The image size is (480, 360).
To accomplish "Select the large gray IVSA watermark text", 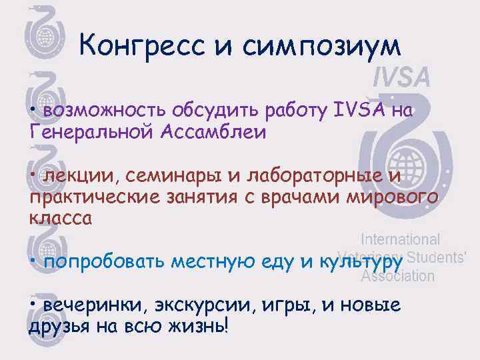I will tap(401, 79).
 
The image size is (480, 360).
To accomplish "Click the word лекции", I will tap(73, 175).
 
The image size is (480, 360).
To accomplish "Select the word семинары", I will tap(161, 175).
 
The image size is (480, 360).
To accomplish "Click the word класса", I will tap(60, 218).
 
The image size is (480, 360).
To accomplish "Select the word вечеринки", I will tap(85, 306).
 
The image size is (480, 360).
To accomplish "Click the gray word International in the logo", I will tap(400, 239).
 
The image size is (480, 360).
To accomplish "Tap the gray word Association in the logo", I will tap(397, 275).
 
